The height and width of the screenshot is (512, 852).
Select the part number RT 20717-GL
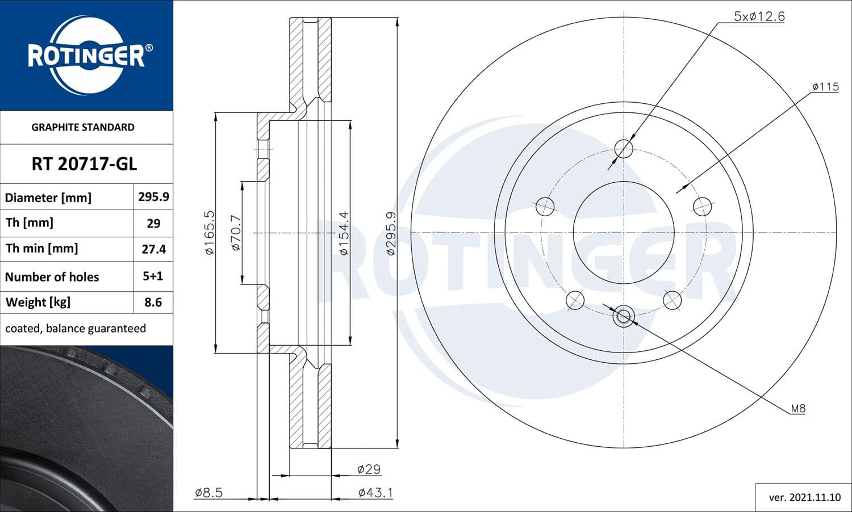[84, 164]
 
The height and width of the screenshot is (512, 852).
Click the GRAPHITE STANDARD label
[83, 127]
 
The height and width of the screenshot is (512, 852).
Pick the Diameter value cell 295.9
[153, 197]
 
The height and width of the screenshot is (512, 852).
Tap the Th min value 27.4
[153, 249]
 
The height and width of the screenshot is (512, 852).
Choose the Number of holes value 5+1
[153, 276]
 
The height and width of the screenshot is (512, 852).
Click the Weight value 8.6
[153, 303]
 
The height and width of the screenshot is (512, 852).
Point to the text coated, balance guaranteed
[76, 329]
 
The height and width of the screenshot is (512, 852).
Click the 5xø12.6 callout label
[759, 16]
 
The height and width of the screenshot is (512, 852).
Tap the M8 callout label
[798, 408]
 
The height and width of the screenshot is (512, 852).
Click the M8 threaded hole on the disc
[624, 316]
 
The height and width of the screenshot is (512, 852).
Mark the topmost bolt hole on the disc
[624, 149]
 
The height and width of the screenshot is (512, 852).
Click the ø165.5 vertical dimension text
[209, 233]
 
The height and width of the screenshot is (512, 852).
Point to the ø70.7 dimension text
[236, 233]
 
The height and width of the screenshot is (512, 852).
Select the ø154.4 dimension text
[344, 233]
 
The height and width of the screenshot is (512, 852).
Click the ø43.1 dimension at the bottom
[375, 493]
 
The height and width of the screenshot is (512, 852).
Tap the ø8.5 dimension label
[208, 493]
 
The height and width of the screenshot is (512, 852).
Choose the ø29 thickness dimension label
[369, 469]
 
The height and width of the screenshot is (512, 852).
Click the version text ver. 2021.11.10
[804, 497]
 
